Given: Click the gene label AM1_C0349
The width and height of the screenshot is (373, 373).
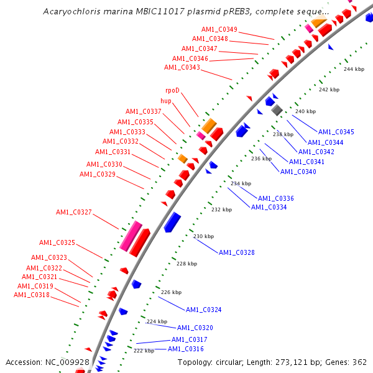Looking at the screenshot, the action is (x=219, y=29).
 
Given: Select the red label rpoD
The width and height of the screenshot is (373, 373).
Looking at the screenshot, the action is (x=172, y=91).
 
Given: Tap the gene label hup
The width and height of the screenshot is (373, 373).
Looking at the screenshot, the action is (x=166, y=101).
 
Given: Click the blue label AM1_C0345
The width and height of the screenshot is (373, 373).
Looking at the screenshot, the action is (x=336, y=132).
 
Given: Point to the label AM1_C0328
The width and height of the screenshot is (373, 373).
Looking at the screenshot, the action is (x=236, y=252).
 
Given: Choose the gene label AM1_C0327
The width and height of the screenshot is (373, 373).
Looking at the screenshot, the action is (x=73, y=213).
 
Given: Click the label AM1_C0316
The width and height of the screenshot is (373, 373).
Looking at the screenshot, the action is (x=186, y=349).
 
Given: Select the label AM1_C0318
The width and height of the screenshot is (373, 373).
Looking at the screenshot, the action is (x=33, y=295).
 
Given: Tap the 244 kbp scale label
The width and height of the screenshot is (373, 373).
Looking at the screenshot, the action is (x=353, y=69).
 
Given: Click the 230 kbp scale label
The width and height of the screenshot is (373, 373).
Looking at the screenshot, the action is (x=203, y=236).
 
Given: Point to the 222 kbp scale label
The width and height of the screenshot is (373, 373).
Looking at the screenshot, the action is (x=144, y=351).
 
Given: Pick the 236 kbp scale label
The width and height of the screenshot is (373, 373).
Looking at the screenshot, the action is (x=261, y=159).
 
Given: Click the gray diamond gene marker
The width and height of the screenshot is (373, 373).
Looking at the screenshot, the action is (x=277, y=110).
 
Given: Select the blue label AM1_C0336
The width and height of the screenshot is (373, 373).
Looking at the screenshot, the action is (x=275, y=198).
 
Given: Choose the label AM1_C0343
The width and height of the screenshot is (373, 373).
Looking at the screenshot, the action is (x=182, y=67).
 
